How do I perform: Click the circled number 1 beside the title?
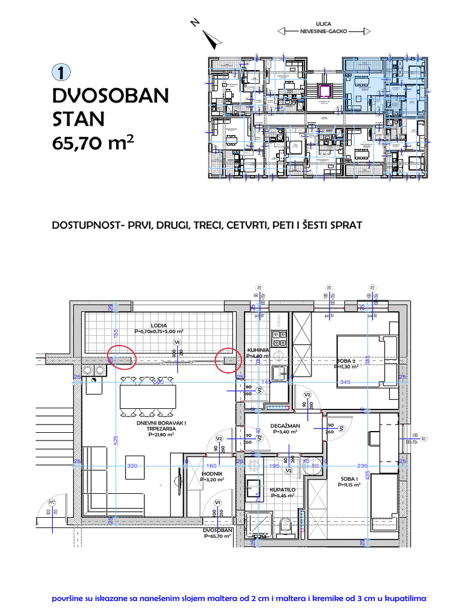[62, 72]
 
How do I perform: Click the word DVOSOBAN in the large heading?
[111, 96]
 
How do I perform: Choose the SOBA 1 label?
[350, 478]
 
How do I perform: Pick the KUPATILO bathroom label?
[282, 489]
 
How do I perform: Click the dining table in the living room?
[148, 396]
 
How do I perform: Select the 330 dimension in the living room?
[132, 466]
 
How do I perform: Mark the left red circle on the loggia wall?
[122, 358]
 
